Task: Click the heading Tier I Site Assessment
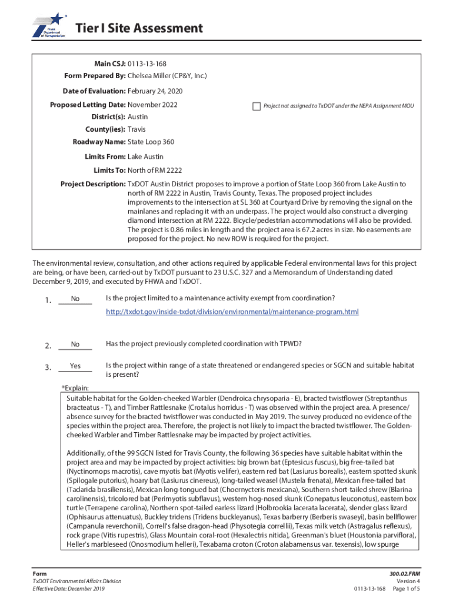139,28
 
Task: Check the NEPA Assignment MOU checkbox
256,106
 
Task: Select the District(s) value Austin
138,117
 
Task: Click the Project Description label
93,184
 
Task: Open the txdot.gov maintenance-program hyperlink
232,312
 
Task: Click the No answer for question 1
75,299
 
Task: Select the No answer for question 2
75,344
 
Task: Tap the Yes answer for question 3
75,366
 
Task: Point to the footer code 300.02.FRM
405,573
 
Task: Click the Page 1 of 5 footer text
405,588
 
